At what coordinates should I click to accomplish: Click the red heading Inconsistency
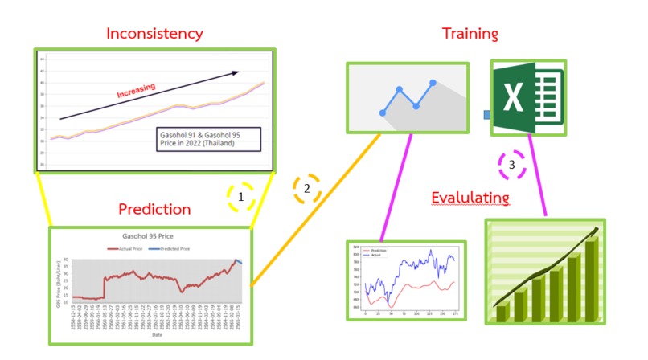pos(155,33)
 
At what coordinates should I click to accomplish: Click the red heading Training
pos(470,33)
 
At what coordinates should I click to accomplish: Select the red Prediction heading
pos(154,210)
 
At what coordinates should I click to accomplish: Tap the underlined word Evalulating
pos(470,198)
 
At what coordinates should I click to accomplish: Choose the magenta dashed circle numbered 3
pos(513,166)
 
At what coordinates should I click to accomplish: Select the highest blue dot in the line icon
pos(433,82)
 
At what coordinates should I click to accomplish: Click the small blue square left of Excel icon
pos(486,115)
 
